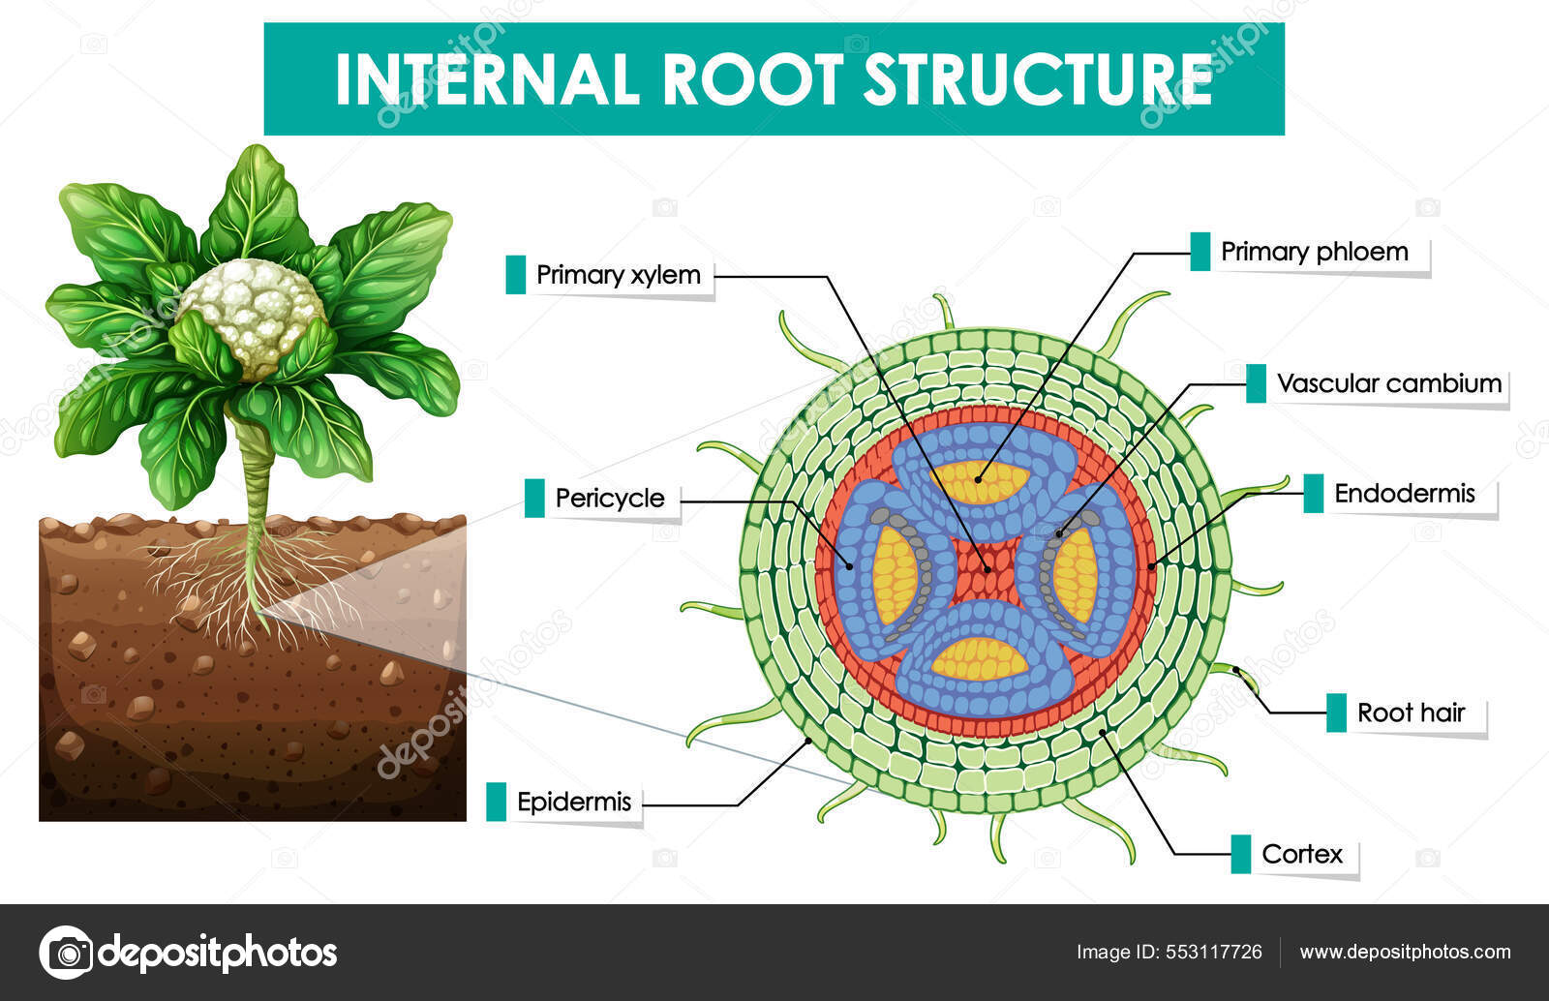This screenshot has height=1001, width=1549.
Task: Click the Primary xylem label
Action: click(x=618, y=275)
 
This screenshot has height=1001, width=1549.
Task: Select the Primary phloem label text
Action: click(x=1314, y=252)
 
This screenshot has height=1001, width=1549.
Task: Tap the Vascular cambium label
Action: click(x=1388, y=383)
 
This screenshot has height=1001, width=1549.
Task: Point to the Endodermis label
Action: click(x=1404, y=494)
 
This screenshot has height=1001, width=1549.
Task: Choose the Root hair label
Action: click(x=1411, y=713)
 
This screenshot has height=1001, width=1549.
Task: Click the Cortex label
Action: click(x=1302, y=854)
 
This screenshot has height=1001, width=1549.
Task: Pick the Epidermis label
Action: click(x=573, y=802)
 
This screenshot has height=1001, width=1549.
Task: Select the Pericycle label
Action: click(x=609, y=499)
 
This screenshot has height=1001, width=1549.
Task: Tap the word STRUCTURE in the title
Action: click(x=1038, y=79)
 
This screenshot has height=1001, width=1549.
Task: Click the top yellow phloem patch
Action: click(x=984, y=481)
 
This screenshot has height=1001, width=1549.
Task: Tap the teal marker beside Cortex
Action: click(x=1240, y=854)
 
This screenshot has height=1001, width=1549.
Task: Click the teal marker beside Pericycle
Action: click(x=533, y=499)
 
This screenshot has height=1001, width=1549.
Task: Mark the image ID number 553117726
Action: click(x=1213, y=952)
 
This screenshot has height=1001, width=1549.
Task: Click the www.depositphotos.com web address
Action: click(x=1404, y=952)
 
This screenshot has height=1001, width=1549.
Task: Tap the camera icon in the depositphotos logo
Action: click(x=66, y=953)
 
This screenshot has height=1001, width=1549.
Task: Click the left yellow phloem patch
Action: click(x=894, y=575)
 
